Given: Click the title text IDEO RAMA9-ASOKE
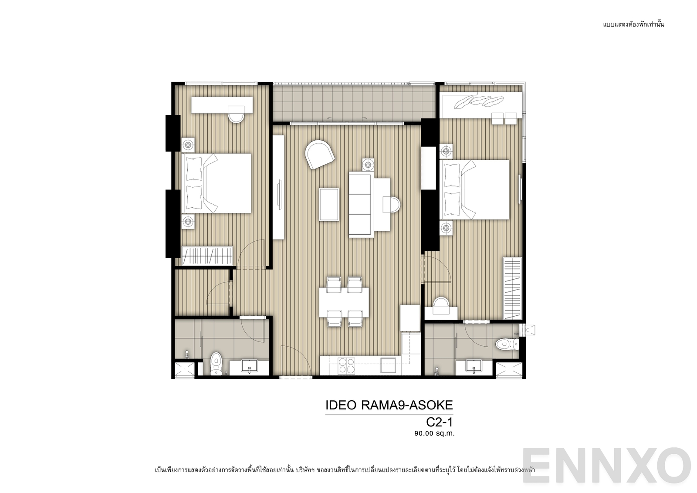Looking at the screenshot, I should (389, 405).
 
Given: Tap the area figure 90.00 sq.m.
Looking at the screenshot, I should (434, 433).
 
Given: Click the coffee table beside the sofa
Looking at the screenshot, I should (329, 204).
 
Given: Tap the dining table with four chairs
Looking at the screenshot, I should (344, 302).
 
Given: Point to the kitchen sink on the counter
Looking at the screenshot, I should (388, 365).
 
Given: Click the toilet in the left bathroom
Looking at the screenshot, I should (216, 364).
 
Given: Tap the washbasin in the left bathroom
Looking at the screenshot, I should (249, 365).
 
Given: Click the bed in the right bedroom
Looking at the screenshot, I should (475, 189).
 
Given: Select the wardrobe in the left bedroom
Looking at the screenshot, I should (207, 255).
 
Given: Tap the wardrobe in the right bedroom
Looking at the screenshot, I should (512, 288).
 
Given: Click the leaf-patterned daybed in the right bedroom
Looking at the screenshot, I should (481, 105).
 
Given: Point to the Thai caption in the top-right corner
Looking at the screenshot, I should (633, 24).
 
